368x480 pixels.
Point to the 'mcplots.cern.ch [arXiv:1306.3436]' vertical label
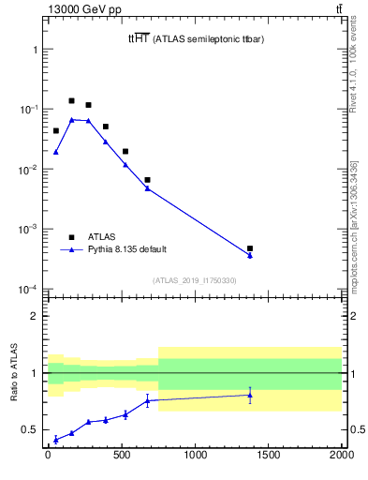coord(353,225)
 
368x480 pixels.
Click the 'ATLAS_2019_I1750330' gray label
coord(195,279)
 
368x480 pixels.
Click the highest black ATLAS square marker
coord(71,100)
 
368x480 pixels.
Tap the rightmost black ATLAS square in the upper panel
coord(250,248)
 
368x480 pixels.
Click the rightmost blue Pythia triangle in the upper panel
coord(250,255)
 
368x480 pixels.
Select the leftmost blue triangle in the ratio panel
coord(55,439)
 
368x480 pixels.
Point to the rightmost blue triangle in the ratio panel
coord(250,395)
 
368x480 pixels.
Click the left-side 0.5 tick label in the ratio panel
coord(29,429)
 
